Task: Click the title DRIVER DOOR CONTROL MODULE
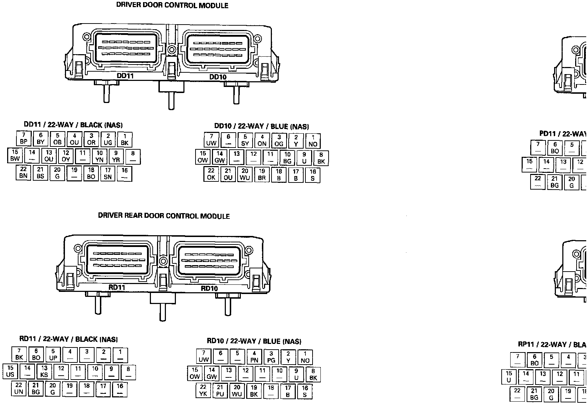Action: point(172,6)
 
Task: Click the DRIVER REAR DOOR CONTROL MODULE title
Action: point(164,216)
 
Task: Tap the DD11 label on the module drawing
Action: point(125,76)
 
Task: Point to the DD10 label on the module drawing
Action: point(218,77)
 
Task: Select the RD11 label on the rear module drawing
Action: point(117,287)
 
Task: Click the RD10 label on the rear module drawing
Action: point(209,288)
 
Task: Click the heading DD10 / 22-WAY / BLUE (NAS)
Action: point(261,126)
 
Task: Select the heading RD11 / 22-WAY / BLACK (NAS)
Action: point(69,339)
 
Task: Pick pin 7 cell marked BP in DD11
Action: point(24,139)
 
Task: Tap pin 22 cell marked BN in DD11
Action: point(24,173)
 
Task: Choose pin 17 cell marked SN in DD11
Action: point(108,174)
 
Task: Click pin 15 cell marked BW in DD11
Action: point(15,156)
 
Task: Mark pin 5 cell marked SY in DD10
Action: point(245,140)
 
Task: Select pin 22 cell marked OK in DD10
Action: point(211,174)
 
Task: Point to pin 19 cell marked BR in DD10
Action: point(262,175)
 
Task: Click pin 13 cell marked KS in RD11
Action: point(44,372)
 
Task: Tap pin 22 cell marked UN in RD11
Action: point(19,389)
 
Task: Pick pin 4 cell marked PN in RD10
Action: point(254,357)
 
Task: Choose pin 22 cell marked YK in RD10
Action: point(203,391)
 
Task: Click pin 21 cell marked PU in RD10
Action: point(220,391)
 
